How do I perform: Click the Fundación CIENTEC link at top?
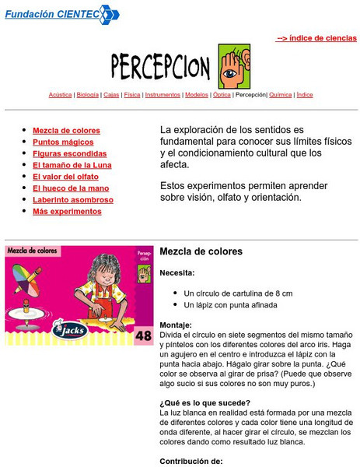point(51,14)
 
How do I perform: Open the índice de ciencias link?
point(316,37)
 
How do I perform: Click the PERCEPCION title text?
point(161,63)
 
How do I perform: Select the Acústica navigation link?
point(60,95)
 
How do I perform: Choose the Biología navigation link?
point(88,95)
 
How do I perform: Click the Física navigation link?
point(132,95)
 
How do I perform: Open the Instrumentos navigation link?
point(163,95)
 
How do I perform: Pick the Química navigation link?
point(281,95)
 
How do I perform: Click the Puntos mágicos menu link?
point(63,142)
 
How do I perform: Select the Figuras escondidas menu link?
point(70,154)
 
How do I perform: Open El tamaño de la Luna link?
point(72,165)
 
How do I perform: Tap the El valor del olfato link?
point(65,177)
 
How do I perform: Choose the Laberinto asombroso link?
point(73,200)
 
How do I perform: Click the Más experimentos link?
point(67,212)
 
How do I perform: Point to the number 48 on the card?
point(144,336)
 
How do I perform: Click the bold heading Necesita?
point(177,273)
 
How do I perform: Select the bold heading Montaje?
point(176,325)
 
